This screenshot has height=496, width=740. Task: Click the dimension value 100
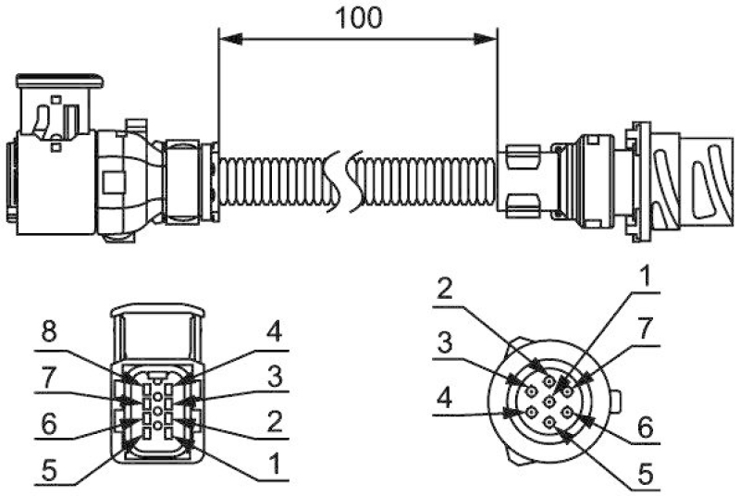click(x=359, y=19)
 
